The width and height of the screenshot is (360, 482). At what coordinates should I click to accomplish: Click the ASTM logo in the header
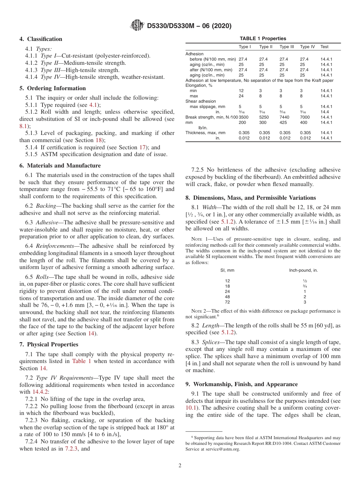tap(137, 26)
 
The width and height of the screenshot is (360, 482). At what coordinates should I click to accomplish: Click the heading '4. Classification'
tap(41, 39)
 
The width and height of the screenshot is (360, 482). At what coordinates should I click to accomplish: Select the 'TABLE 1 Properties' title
tap(263, 39)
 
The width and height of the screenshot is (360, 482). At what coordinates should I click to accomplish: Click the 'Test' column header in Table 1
tap(324, 47)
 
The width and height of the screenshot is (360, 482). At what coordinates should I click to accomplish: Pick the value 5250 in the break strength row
tap(264, 117)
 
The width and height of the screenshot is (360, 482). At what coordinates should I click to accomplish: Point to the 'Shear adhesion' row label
tap(200, 102)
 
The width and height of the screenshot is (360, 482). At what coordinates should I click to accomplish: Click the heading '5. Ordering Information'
tap(53, 88)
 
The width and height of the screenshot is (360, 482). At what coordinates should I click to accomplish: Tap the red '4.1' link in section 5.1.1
tap(93, 105)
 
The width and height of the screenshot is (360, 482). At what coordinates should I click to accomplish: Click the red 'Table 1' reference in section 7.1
tap(81, 361)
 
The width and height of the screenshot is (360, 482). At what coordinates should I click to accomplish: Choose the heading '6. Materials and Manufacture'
tap(60, 166)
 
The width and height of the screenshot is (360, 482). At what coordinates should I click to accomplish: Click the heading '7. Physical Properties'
tap(49, 344)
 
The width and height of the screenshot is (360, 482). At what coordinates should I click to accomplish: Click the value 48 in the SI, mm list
tap(227, 297)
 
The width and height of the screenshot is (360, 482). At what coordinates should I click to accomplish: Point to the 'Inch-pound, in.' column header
tap(303, 270)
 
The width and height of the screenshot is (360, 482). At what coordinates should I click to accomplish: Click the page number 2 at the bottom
tap(180, 465)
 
